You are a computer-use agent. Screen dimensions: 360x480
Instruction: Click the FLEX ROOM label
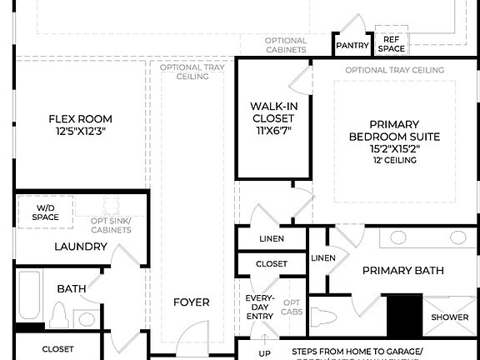click(80, 119)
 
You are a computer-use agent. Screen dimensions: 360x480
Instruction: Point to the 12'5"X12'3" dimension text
click(80, 132)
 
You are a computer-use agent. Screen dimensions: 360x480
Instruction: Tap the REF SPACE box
click(391, 44)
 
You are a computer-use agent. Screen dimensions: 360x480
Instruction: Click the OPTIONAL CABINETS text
click(286, 45)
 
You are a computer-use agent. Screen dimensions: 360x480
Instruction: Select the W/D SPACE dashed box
click(46, 212)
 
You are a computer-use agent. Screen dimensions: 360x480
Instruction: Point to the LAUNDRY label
click(80, 247)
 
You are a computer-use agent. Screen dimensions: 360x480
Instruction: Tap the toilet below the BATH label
click(58, 316)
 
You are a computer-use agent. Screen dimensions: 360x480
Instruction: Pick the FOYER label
click(191, 302)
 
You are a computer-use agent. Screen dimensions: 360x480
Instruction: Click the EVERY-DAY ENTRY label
click(259, 307)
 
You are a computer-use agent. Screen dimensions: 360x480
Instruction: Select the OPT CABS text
click(292, 307)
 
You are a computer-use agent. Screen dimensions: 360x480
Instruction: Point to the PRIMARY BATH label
click(402, 271)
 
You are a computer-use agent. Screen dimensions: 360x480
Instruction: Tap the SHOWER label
click(450, 317)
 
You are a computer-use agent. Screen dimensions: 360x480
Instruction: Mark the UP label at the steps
click(265, 353)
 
